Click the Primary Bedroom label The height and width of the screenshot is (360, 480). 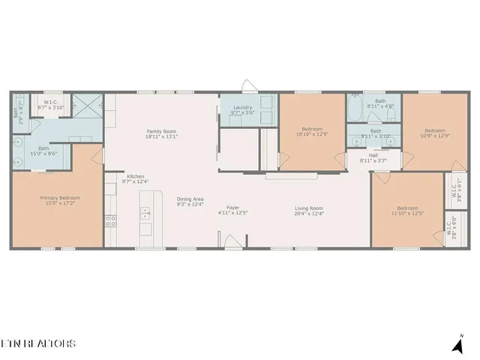[60, 198]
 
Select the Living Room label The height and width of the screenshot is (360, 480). [308, 208]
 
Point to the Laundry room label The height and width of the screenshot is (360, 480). [243, 107]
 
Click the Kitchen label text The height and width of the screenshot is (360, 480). [135, 176]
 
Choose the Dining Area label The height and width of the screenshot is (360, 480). [190, 199]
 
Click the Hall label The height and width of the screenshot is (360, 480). [373, 156]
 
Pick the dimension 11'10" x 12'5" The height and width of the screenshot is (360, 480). [407, 213]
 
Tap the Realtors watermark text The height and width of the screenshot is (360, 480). [37, 344]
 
